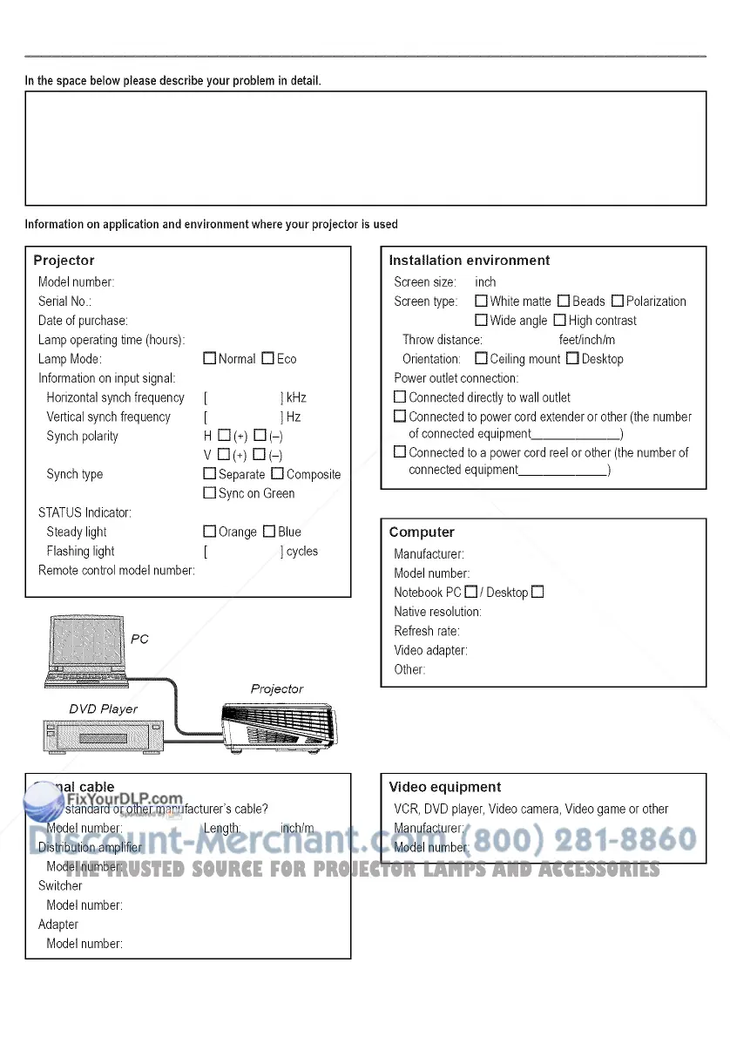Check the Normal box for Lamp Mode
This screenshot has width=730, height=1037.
(209, 359)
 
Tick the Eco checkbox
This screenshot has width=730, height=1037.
(268, 359)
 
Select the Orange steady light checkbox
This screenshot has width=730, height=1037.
(209, 532)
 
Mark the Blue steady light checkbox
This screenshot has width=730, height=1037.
(269, 532)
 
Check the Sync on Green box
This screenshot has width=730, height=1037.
(209, 493)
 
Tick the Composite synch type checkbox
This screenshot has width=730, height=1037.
(277, 474)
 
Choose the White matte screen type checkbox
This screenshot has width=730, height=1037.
(481, 302)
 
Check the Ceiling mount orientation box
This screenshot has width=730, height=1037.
(481, 359)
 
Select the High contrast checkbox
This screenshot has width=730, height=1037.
(560, 321)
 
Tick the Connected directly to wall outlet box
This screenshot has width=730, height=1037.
(400, 397)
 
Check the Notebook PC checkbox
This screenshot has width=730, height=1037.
(471, 593)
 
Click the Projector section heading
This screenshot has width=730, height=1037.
(64, 261)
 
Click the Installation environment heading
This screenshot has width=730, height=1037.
(469, 261)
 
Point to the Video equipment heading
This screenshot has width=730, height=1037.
(444, 787)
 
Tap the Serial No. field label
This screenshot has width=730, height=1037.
(65, 302)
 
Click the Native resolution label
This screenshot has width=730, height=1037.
(437, 612)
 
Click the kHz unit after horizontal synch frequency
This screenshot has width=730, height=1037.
(296, 397)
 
